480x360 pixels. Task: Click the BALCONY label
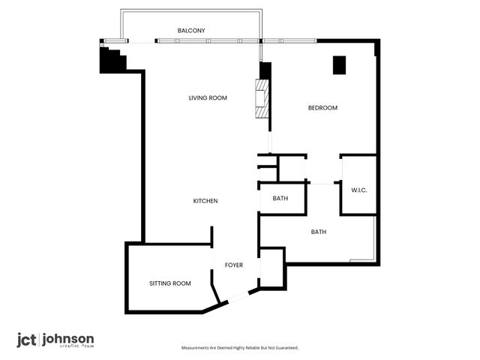(x=191, y=30)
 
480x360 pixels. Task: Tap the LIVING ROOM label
(x=208, y=98)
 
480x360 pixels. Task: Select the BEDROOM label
(x=322, y=108)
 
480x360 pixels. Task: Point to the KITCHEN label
(x=205, y=201)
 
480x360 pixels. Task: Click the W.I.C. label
(x=358, y=190)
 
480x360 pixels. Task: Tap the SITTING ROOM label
(x=170, y=283)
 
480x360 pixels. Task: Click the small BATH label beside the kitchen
(x=280, y=199)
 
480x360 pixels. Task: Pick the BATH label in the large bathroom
(x=319, y=232)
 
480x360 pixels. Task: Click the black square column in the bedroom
(x=339, y=65)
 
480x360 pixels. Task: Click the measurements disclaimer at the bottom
(x=240, y=348)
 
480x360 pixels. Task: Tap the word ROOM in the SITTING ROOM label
(x=181, y=283)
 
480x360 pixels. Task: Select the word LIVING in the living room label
(x=198, y=98)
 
